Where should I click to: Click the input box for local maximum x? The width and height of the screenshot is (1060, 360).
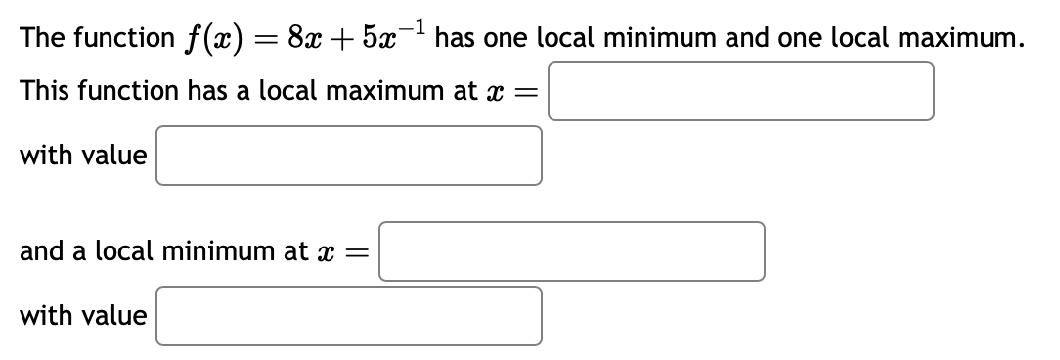[x=740, y=91]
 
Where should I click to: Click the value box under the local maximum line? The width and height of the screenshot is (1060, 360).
[x=349, y=156]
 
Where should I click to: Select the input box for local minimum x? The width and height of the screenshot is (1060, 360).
[x=572, y=251]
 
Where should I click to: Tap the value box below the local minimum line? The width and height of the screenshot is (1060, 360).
[x=349, y=316]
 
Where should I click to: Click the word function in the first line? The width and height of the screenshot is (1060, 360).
[x=131, y=39]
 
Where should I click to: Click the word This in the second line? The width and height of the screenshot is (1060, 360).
[x=42, y=91]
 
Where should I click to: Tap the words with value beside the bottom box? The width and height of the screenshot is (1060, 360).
[x=83, y=316]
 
